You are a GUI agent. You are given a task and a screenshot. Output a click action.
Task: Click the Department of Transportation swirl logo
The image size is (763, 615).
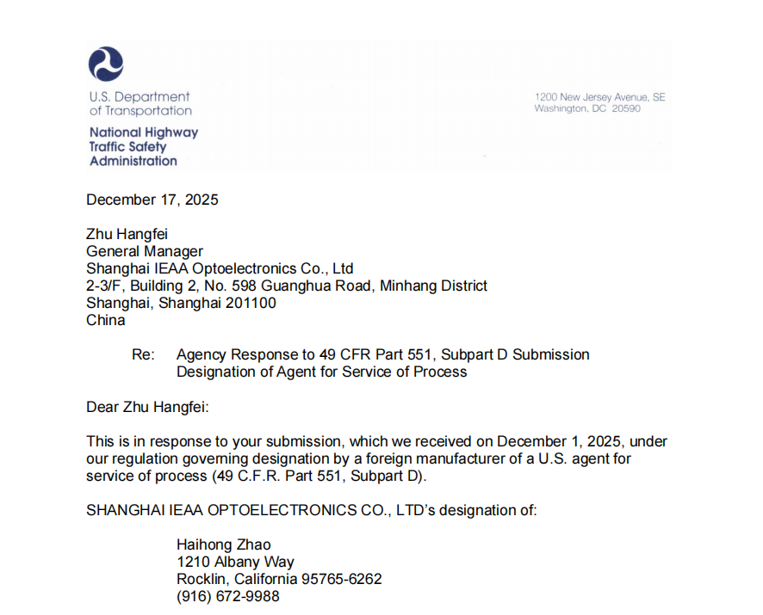pos(106,65)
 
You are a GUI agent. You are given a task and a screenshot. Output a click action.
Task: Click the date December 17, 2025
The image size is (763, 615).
pos(152,200)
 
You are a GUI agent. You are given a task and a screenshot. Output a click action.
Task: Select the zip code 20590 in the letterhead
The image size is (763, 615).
pos(626,109)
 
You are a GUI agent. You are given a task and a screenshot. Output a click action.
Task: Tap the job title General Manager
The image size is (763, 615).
pos(145,251)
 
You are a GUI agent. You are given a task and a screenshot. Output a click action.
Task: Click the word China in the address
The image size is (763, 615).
pos(105,320)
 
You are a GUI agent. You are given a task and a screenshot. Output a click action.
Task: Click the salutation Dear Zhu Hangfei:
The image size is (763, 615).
pos(147,406)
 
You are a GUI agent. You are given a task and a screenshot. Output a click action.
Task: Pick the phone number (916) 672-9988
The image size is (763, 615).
pos(227,596)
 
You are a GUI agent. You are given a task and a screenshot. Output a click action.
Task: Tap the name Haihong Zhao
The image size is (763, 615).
pos(223,544)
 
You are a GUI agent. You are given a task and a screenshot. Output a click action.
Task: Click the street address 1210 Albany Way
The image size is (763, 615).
pos(235,562)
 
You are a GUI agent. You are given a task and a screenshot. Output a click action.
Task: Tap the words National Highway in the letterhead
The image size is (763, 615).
pos(144,132)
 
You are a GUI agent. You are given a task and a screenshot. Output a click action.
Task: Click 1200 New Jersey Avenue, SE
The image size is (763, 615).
pos(600,97)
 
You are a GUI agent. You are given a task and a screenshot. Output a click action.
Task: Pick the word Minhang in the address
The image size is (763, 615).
pos(406,286)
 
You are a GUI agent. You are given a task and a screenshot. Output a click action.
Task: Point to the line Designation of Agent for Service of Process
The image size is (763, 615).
pos(321,372)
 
